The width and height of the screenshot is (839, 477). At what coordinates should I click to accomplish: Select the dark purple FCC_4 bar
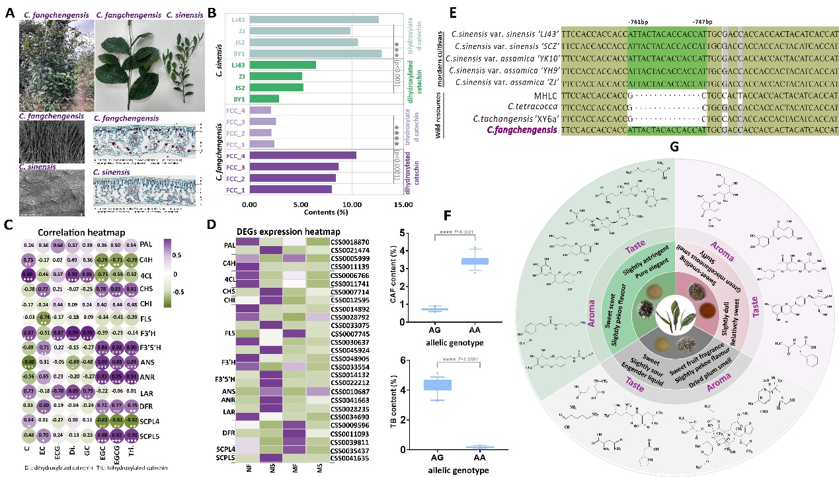click(x=295, y=155)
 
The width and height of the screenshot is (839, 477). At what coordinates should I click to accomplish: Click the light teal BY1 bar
click(x=305, y=53)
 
